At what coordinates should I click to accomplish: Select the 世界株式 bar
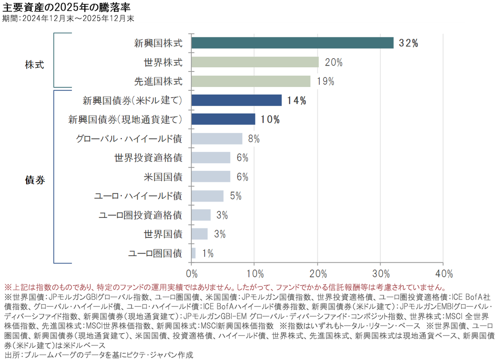255,62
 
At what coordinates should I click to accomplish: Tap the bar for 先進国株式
251,81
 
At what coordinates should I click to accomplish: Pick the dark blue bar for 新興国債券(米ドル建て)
237,100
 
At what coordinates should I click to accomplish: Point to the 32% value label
408,43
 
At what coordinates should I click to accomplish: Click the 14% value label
296,101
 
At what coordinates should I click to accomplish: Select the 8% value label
254,139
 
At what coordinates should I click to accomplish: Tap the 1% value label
208,254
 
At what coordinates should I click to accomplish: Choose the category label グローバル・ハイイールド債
129,139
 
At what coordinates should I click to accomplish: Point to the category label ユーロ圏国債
155,253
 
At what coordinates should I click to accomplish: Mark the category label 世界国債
163,234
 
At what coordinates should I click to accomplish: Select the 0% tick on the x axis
192,274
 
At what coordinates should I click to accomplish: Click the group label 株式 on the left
34,65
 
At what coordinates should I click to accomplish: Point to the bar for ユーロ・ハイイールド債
208,196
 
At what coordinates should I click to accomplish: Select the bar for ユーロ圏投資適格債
201,215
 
